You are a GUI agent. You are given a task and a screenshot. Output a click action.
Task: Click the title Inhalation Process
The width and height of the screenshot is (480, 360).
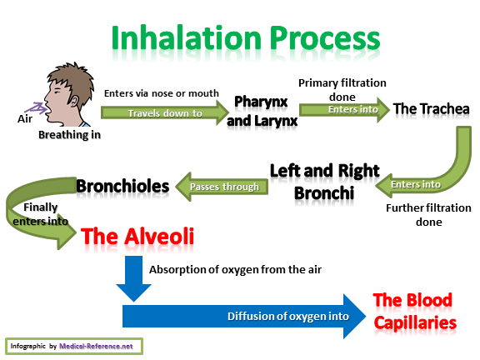click(x=246, y=38)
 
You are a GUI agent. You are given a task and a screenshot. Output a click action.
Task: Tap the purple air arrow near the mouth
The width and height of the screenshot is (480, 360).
click(x=37, y=108)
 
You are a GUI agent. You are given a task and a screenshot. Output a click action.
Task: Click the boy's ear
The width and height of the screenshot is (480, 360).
click(x=74, y=101)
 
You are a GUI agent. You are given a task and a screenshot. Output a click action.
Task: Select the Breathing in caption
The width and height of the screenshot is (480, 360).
click(x=69, y=135)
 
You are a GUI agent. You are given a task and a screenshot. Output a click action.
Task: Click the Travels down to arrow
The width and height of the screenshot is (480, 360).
click(x=165, y=112)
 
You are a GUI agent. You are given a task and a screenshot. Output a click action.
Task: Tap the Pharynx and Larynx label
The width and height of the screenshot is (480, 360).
click(x=262, y=111)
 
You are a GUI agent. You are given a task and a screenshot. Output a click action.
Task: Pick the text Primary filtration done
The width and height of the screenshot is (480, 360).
click(x=342, y=90)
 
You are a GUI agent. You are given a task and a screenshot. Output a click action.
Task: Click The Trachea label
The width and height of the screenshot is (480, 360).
click(x=432, y=109)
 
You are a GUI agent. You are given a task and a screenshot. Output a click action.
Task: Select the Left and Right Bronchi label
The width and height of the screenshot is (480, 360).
click(x=324, y=182)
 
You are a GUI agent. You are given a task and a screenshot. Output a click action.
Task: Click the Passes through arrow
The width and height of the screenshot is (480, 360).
click(x=222, y=187)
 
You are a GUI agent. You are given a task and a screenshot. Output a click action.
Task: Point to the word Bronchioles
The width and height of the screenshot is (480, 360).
click(x=122, y=186)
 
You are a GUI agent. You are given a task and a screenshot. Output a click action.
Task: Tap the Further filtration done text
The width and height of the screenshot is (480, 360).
click(x=428, y=215)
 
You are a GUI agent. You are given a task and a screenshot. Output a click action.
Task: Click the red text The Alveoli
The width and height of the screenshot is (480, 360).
click(x=137, y=237)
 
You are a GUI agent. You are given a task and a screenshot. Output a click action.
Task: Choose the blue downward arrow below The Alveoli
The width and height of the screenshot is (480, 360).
click(x=134, y=278)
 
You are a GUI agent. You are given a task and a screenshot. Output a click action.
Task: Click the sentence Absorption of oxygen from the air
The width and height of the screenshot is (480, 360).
click(x=235, y=269)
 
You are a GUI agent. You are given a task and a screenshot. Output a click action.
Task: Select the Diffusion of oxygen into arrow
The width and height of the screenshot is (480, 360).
click(x=244, y=316)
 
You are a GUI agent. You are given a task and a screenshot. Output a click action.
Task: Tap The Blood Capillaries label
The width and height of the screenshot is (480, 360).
click(x=415, y=312)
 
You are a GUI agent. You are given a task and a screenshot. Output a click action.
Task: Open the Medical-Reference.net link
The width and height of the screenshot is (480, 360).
click(x=96, y=346)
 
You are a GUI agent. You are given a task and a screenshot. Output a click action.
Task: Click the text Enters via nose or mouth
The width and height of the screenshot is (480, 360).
click(x=162, y=93)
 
